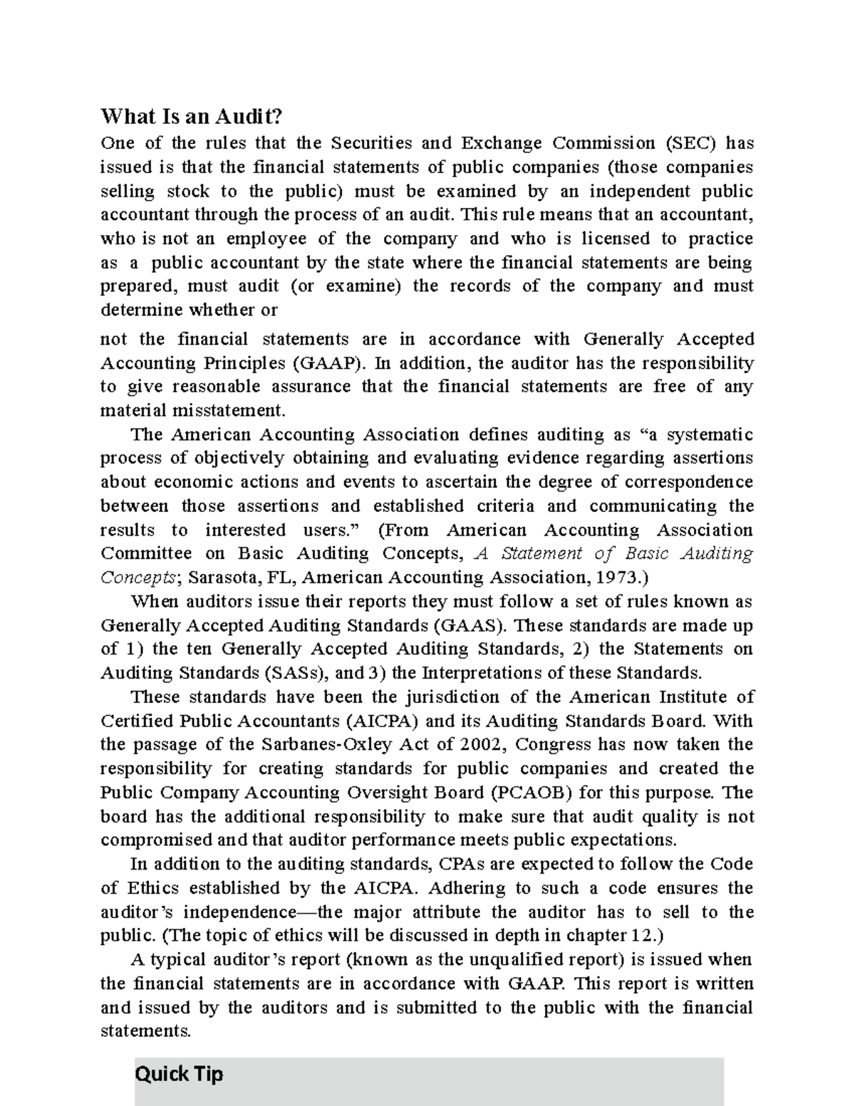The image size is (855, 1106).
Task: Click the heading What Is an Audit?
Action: click(x=192, y=116)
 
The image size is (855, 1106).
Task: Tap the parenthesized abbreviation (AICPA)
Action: click(x=381, y=721)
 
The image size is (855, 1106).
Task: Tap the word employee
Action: click(x=266, y=239)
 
